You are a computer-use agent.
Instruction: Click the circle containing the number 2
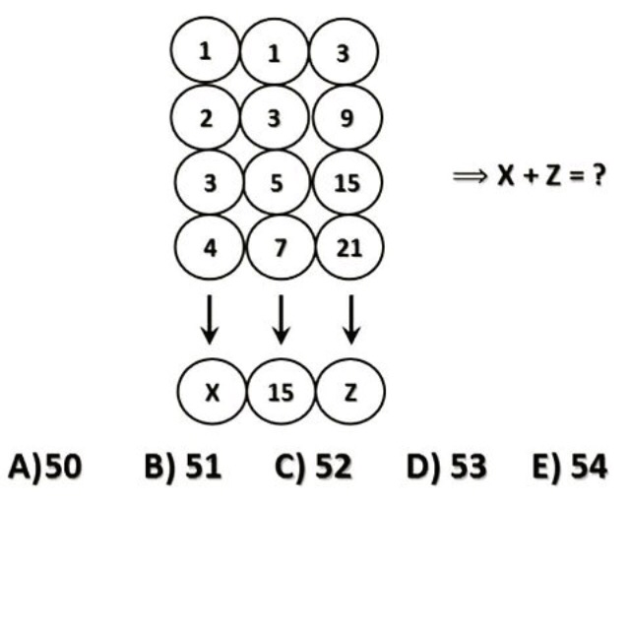[206, 118]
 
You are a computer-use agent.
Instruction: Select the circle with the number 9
[346, 118]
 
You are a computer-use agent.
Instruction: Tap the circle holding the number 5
[277, 182]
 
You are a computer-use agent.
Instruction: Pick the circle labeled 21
[348, 247]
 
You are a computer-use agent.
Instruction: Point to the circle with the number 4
[210, 247]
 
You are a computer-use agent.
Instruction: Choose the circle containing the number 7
[280, 247]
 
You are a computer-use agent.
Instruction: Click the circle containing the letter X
[211, 393]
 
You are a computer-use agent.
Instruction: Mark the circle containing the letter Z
[350, 393]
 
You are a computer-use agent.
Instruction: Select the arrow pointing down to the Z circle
[350, 319]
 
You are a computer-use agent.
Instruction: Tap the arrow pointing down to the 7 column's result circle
[281, 319]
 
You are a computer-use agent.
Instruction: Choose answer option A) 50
[44, 468]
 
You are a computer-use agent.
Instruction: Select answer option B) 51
[183, 468]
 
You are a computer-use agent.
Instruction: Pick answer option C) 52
[313, 468]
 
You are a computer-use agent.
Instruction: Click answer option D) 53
[446, 468]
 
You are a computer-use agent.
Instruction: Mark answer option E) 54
[570, 468]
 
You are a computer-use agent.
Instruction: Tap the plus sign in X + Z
[526, 176]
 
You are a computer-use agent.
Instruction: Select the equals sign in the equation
[573, 176]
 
